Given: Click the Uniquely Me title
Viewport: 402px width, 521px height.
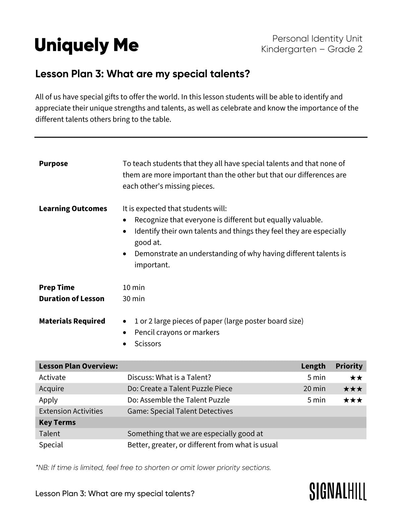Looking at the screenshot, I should click(x=86, y=45).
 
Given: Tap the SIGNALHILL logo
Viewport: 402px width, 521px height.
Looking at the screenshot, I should click(x=338, y=491).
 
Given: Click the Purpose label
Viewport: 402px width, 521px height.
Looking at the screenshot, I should click(x=53, y=164).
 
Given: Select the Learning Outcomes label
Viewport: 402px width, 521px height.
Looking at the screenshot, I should click(x=73, y=209).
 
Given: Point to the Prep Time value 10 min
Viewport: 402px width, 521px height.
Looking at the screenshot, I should click(x=134, y=287).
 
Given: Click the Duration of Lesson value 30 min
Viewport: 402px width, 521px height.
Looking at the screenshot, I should click(x=134, y=299).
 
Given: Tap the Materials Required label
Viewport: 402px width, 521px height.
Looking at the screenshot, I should click(x=72, y=321).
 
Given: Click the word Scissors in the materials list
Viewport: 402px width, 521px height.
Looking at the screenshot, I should click(x=148, y=344).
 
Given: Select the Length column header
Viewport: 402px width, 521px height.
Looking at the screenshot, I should click(x=313, y=366).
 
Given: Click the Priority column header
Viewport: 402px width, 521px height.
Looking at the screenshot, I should click(x=349, y=366).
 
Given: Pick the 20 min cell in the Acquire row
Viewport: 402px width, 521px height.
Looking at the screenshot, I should click(x=314, y=389).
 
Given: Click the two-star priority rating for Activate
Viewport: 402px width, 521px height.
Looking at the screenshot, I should click(x=356, y=378).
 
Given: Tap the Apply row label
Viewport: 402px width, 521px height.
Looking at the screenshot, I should click(x=48, y=400).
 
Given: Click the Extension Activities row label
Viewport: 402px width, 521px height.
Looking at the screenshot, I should click(x=71, y=411).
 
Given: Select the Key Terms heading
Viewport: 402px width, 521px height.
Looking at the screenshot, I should click(x=57, y=422).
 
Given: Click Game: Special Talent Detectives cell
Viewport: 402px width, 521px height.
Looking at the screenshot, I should click(x=180, y=411).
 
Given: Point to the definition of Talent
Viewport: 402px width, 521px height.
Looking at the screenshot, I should click(x=195, y=433).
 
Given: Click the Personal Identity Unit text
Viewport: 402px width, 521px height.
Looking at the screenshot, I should click(x=317, y=39).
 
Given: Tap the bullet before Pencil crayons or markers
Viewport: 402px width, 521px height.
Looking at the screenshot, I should click(x=125, y=333).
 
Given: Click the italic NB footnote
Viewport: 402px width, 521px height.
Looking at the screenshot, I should click(x=153, y=467).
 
